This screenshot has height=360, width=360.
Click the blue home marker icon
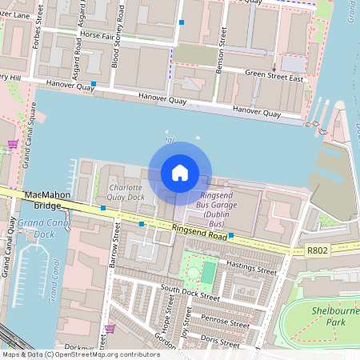tap(180, 173)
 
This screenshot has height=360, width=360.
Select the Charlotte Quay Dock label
tap(126, 192)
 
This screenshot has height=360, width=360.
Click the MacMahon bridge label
tap(48, 200)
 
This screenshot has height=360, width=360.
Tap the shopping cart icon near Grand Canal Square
tap(12, 144)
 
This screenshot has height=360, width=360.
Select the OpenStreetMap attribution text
tap(81, 354)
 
